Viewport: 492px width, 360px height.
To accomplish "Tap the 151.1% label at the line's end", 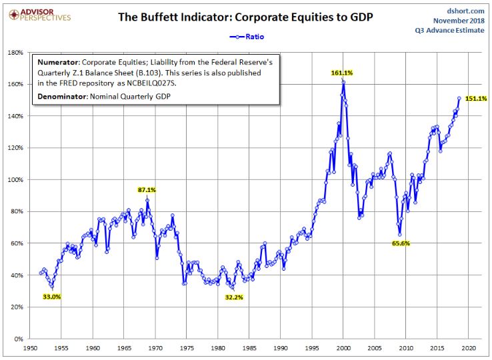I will click(x=476, y=99).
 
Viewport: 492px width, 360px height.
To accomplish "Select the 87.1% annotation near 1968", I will click(x=147, y=190).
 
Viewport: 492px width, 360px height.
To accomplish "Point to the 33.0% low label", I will click(x=52, y=297).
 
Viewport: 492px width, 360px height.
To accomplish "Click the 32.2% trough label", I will click(x=234, y=297).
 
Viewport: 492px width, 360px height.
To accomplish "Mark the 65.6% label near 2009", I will click(x=400, y=244).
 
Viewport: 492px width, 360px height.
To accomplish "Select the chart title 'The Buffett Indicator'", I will click(x=245, y=17).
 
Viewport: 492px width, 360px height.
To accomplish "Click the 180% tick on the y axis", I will click(x=15, y=52).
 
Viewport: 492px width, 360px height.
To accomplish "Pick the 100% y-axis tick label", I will click(x=15, y=180).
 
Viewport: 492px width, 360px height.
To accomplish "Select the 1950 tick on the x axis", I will click(x=30, y=349).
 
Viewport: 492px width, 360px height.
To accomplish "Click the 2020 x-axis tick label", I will click(x=468, y=349).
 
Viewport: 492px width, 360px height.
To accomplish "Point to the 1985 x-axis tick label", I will click(x=249, y=349).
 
